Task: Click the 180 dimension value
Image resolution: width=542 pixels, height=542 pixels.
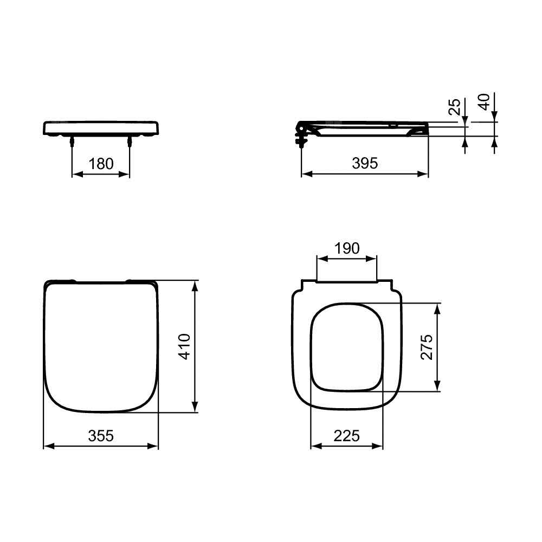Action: tap(101, 164)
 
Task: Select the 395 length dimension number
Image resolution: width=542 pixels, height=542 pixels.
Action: tap(365, 163)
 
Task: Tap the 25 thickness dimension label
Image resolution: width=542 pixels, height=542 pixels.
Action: tap(455, 106)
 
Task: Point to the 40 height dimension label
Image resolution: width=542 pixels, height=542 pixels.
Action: tap(484, 102)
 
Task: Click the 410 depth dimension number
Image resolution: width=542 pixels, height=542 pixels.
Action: tap(184, 347)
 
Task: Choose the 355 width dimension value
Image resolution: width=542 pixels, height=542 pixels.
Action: tap(101, 436)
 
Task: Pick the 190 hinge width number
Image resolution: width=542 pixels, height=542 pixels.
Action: tap(347, 248)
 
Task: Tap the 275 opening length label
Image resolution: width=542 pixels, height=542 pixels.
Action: tap(427, 347)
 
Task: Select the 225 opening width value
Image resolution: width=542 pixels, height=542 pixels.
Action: tap(347, 436)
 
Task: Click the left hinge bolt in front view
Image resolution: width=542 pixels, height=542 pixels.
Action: tap(72, 141)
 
